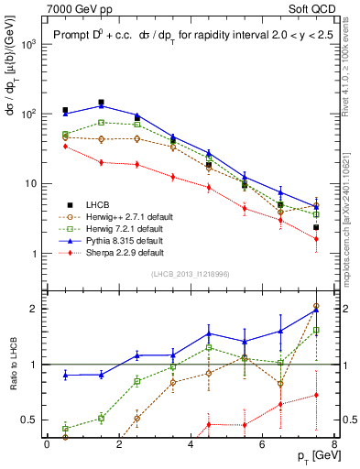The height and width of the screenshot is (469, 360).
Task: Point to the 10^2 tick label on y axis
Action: pos(30,114)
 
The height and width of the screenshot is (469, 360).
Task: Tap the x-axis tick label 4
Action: pos(191,443)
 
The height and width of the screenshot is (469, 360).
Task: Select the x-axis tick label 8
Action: pos(333,443)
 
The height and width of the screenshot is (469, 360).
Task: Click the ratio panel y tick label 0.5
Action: pos(31,420)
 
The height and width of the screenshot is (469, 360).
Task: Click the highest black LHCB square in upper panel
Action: pos(101,103)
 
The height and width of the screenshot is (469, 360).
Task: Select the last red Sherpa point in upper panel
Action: pos(316,239)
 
